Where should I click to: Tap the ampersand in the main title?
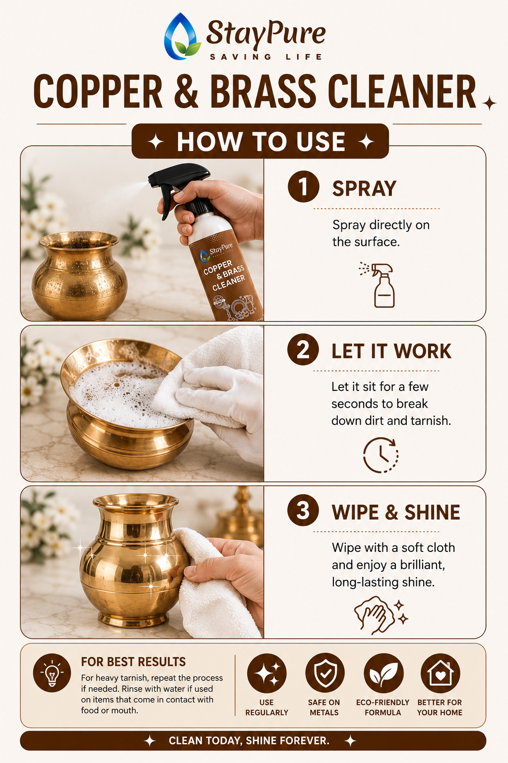[186, 91]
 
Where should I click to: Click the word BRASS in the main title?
[263, 91]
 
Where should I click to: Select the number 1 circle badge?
[303, 187]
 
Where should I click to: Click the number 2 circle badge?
[303, 350]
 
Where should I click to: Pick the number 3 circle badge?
[303, 510]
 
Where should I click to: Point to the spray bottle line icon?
[378, 285]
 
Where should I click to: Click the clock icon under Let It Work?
[381, 455]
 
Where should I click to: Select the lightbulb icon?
[52, 673]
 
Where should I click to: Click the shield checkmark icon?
[325, 673]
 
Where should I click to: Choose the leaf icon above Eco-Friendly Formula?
[383, 673]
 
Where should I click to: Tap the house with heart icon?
[441, 673]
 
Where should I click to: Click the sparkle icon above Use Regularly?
[267, 673]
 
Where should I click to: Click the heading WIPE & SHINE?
[396, 512]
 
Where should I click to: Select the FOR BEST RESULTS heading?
[133, 662]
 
